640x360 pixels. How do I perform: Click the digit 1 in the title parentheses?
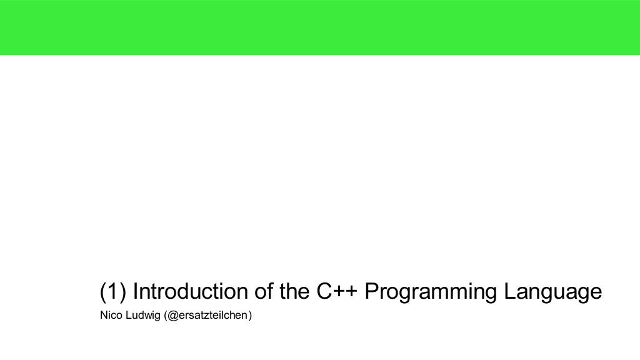point(113,291)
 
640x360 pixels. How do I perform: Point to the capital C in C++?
point(324,291)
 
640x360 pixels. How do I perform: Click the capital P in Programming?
point(371,291)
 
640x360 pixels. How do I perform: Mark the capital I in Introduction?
point(136,291)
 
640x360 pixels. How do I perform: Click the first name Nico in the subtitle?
point(110,315)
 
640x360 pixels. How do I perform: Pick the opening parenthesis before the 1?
point(103,292)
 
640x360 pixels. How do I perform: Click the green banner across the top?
point(320,27)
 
